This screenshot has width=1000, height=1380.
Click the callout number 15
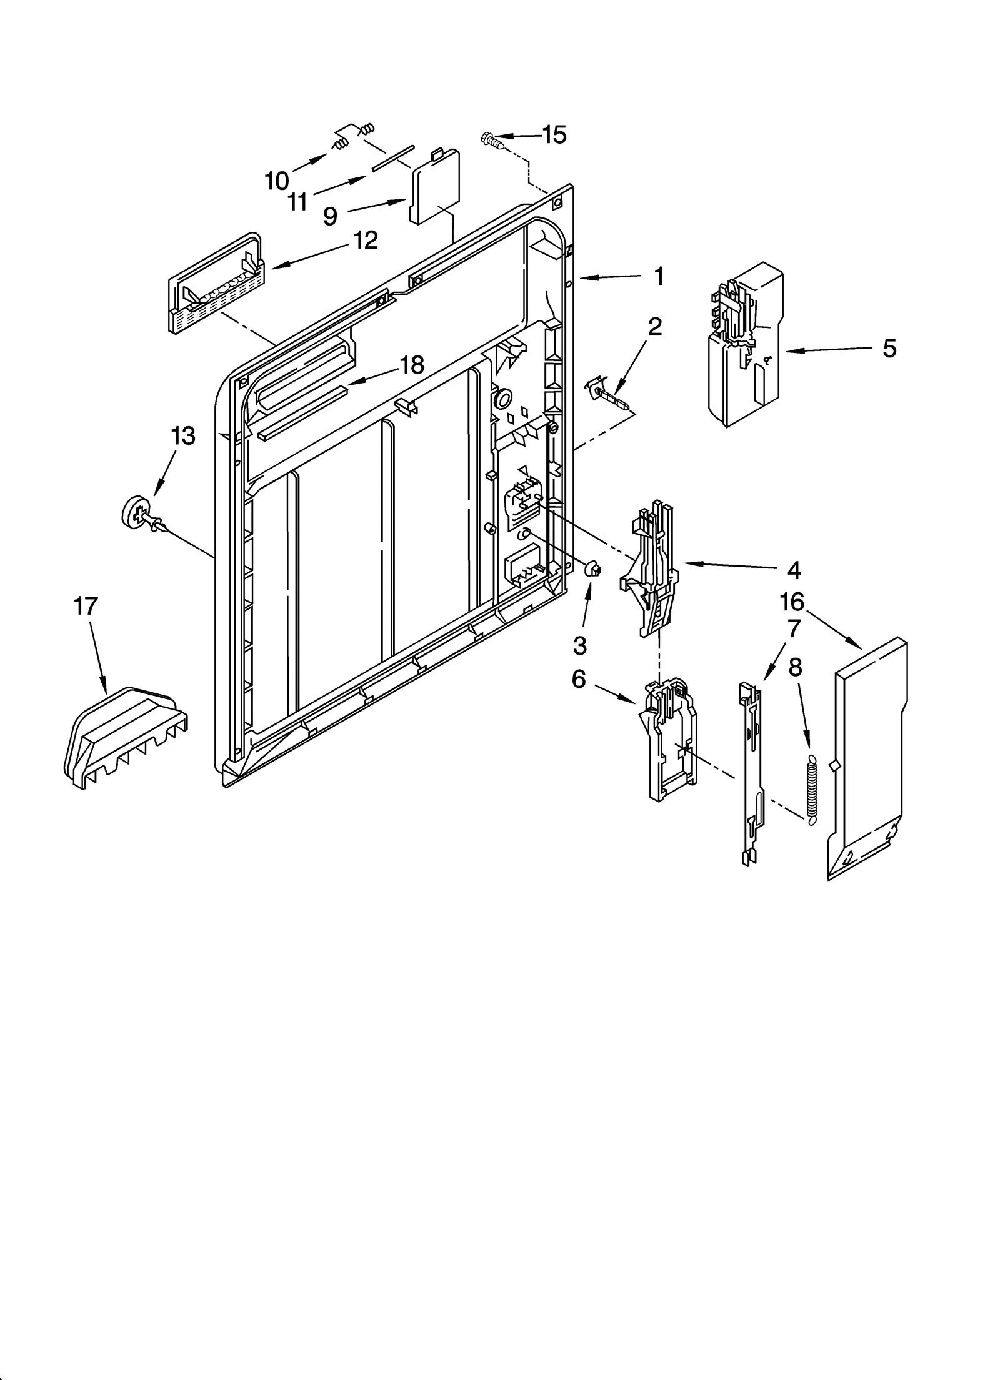[x=554, y=134]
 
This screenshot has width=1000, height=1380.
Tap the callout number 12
[x=366, y=241]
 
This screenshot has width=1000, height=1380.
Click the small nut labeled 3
[x=593, y=570]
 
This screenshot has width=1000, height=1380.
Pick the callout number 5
[x=889, y=349]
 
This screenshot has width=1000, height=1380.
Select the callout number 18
[x=412, y=365]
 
